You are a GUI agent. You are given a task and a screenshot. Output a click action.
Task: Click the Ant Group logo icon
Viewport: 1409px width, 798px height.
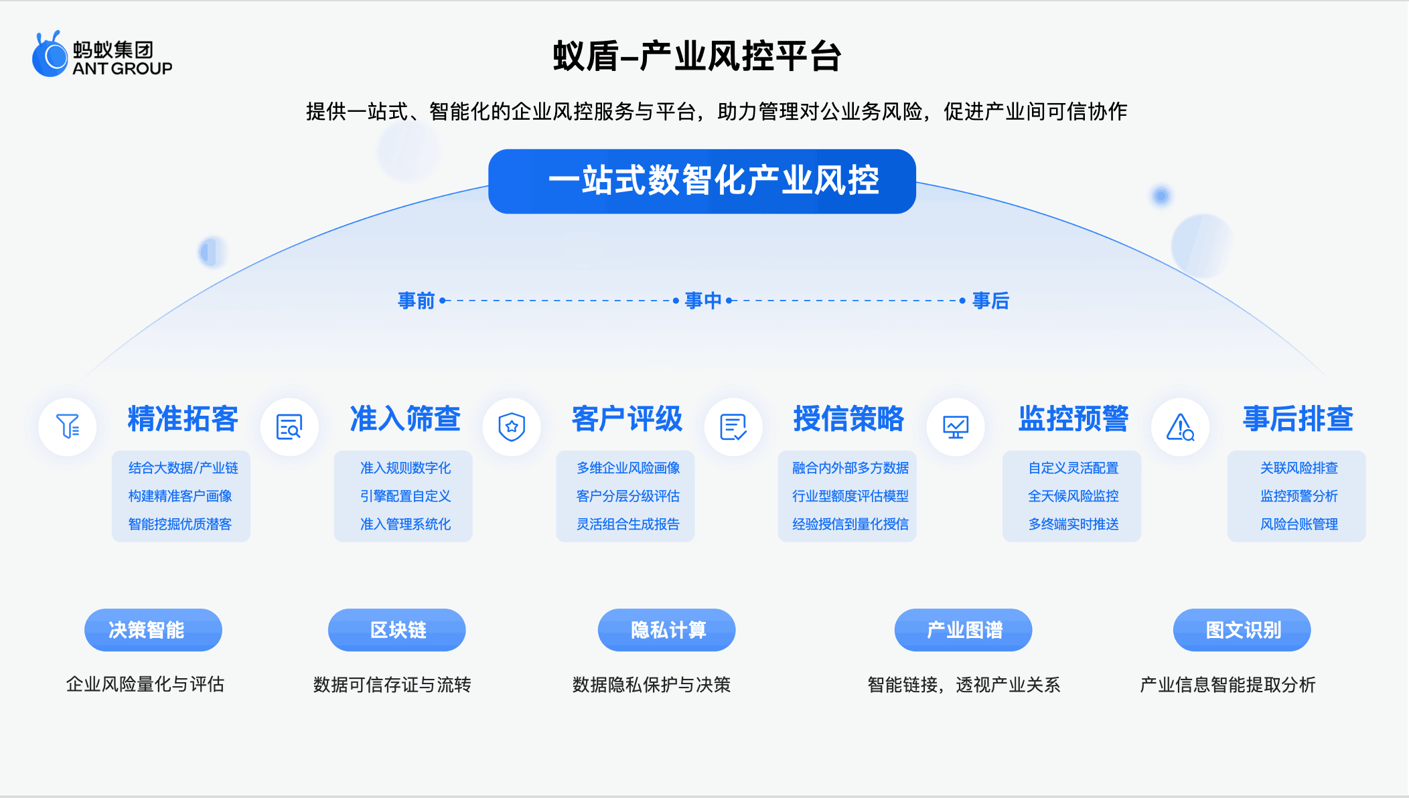click(50, 55)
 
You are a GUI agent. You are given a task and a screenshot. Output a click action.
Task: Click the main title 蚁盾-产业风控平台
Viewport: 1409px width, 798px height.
click(696, 56)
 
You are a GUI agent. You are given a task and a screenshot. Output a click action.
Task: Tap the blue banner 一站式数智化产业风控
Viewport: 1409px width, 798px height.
click(702, 181)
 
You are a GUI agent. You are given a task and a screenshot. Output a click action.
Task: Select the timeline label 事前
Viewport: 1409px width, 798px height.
click(416, 301)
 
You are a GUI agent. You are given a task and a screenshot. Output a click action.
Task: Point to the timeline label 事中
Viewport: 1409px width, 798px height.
click(702, 301)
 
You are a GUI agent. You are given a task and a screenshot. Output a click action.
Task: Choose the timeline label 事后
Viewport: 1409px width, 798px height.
click(990, 301)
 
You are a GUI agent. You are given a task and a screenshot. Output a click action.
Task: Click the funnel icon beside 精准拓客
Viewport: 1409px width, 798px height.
click(68, 426)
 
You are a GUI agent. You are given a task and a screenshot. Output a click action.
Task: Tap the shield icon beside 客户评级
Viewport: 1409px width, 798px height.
click(512, 426)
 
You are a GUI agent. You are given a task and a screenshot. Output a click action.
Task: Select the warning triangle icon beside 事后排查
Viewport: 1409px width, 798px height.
click(1180, 426)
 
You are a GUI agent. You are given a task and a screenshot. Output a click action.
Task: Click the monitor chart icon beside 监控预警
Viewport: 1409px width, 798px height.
click(956, 426)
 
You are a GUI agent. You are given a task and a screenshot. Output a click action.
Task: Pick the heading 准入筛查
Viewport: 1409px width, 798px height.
click(405, 419)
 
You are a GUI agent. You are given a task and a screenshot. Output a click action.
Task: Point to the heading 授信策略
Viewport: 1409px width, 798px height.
click(848, 419)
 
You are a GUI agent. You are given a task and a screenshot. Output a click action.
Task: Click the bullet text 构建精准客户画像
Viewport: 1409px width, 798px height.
click(180, 496)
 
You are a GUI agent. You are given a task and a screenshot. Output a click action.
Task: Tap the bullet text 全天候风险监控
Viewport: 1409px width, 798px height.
click(1073, 496)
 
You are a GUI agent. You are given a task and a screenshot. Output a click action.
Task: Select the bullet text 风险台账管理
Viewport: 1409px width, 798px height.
click(1299, 524)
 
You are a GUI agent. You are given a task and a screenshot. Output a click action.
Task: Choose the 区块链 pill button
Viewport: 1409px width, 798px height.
click(396, 630)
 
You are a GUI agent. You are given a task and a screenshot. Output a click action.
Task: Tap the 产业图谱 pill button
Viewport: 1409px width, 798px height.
click(963, 630)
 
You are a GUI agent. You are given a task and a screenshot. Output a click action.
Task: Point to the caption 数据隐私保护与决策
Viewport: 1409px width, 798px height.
click(651, 685)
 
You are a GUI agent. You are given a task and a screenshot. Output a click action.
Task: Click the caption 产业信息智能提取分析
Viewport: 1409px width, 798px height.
click(1228, 685)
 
